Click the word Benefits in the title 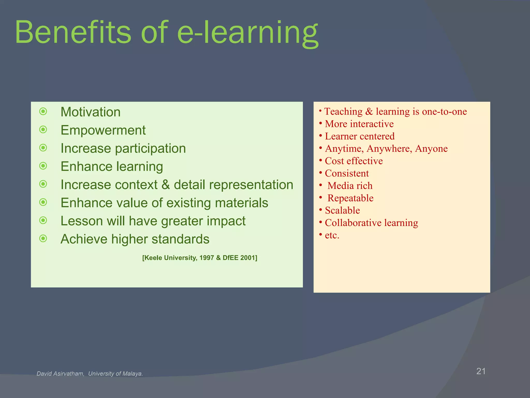(73, 32)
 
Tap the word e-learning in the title (248, 32)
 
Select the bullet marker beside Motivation (43, 111)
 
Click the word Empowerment (103, 130)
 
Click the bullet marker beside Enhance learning (43, 166)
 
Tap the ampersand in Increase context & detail (165, 185)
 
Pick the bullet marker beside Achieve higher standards (43, 238)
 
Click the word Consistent (347, 173)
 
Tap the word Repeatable (350, 198)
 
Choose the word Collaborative (353, 223)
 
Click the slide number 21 (481, 371)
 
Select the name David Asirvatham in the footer (60, 374)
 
